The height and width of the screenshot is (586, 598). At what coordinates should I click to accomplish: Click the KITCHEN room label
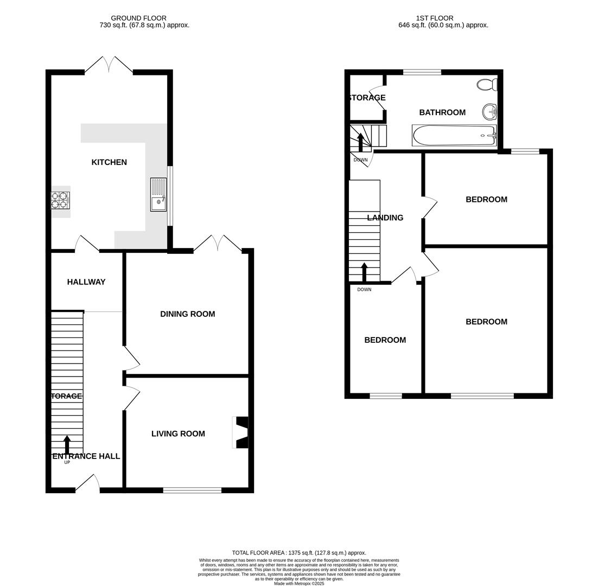coord(109,162)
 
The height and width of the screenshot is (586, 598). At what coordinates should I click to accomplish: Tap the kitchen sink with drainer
coord(158,195)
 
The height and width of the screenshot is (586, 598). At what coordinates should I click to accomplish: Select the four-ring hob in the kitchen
coord(60,200)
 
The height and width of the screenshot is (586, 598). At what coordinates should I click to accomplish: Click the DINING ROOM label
coord(187,314)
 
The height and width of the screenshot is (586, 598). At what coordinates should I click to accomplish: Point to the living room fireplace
coord(241,432)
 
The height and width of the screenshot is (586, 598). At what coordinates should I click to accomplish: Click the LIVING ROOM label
coord(178,434)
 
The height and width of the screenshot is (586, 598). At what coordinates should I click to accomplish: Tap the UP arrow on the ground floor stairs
coord(67,444)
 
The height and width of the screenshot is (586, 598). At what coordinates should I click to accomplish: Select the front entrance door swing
coord(88,483)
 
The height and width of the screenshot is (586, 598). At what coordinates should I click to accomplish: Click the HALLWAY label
coord(86,282)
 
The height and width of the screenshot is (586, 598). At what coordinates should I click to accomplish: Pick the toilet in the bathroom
coord(487,85)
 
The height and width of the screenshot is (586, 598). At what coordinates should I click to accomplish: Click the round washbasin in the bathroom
coord(489,112)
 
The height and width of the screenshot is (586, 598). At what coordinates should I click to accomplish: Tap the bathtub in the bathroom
coord(454,135)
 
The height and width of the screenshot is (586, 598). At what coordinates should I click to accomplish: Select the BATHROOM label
coord(442,112)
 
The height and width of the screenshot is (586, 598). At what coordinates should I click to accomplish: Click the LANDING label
coord(385,218)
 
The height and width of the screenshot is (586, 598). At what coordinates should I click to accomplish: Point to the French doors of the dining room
coord(218,244)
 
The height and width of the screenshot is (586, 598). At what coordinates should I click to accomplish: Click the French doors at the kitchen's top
coord(109,65)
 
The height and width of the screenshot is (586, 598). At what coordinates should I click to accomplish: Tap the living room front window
coord(192,491)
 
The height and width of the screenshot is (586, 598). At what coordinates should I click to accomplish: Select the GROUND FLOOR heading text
coord(138,18)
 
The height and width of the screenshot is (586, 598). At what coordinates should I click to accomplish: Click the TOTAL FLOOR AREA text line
coord(299,553)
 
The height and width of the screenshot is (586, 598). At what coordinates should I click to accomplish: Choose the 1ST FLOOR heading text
coord(435,18)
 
